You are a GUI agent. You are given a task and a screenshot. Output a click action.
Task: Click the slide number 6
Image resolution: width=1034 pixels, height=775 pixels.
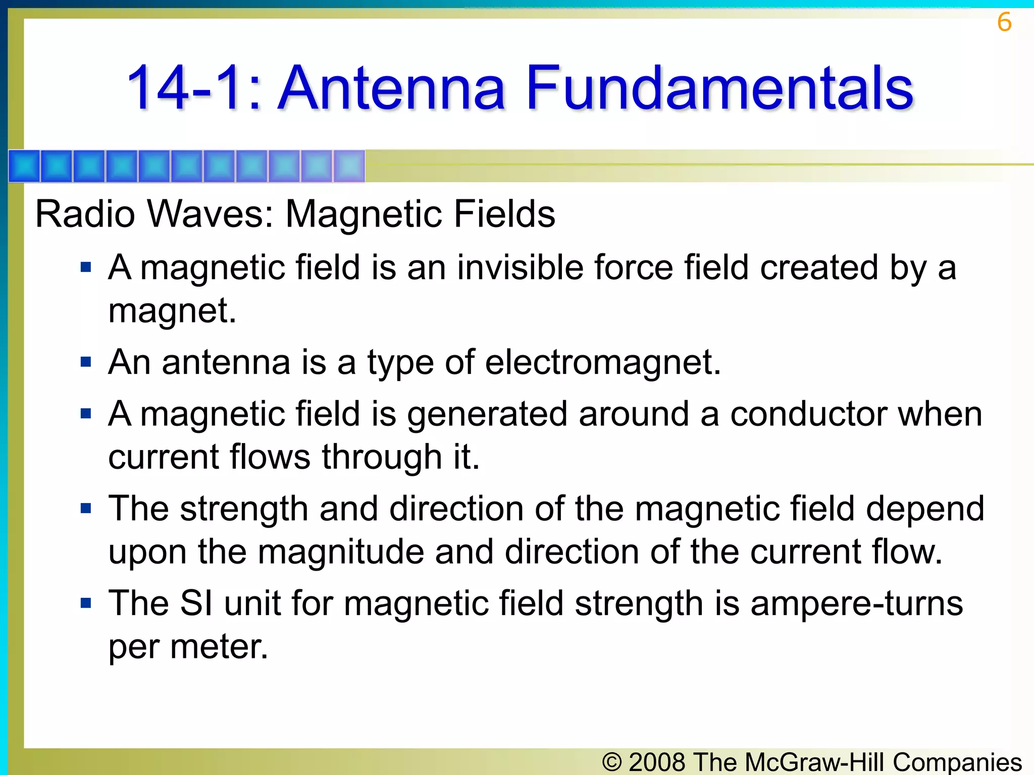[1004, 22]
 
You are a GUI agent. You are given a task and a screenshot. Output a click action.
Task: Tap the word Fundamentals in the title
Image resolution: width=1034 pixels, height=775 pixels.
[719, 88]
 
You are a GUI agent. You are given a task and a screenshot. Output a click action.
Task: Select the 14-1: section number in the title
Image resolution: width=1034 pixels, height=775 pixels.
[194, 88]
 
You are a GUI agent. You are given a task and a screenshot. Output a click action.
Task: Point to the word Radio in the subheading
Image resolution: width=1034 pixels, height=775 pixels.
[85, 214]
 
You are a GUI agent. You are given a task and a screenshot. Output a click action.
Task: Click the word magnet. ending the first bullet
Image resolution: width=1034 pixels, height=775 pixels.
[172, 311]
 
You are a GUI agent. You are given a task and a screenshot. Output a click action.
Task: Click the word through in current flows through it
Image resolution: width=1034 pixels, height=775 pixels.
[382, 457]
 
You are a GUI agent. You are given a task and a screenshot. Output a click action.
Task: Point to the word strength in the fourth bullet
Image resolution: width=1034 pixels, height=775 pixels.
[244, 509]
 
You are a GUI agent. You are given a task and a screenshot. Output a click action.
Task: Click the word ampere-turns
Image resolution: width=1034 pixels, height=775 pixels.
[856, 603]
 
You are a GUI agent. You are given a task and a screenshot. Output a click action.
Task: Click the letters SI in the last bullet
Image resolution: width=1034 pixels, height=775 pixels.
[196, 603]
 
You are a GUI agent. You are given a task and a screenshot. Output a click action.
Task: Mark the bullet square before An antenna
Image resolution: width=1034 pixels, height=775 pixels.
[86, 362]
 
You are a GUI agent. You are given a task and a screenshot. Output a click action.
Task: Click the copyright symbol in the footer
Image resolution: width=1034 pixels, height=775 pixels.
[612, 762]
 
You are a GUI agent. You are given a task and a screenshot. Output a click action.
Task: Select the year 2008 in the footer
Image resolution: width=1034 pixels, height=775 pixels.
[657, 762]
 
